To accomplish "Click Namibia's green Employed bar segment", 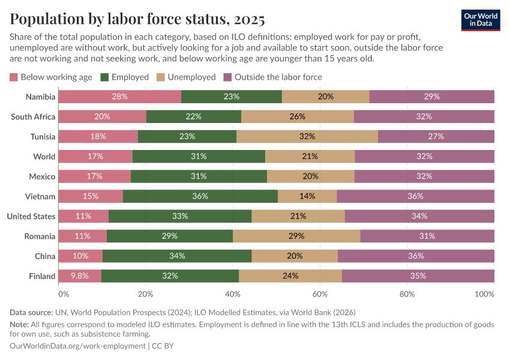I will point(231,97).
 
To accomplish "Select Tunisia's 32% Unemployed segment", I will point(307,136).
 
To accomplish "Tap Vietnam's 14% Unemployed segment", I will point(307,196).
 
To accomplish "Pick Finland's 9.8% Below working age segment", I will point(80,276).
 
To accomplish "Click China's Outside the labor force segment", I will point(416,256).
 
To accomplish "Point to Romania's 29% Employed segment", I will point(170,236).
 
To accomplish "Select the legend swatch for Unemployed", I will point(160,77).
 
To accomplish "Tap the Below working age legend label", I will point(56,77).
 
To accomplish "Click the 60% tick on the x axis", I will point(320,295).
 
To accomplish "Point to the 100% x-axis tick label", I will point(484,295).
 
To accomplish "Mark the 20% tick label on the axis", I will point(145,295).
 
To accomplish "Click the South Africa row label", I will point(33,116).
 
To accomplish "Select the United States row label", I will point(31,217).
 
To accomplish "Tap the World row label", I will point(44,157).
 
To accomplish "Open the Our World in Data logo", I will point(480,20).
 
